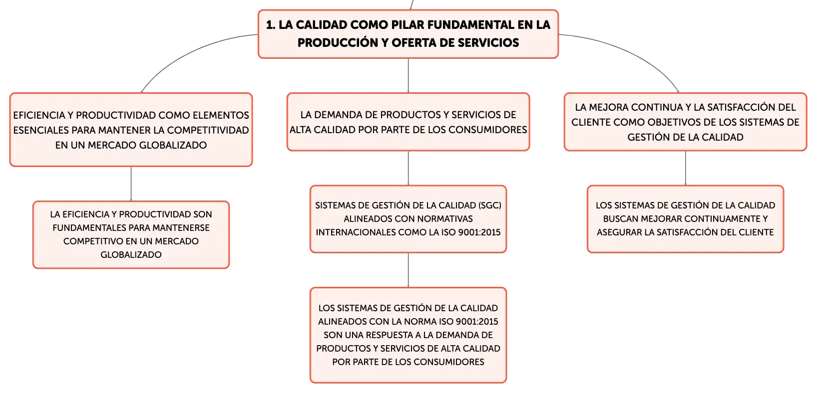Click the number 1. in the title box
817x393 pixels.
[271, 25]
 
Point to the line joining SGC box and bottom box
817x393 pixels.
[408, 270]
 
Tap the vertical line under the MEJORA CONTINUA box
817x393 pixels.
[685, 168]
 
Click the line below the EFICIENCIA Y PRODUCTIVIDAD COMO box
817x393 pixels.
[131, 184]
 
